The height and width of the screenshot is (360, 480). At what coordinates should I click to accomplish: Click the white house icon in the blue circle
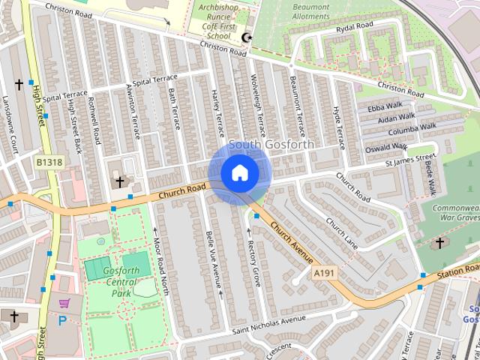pos(239,172)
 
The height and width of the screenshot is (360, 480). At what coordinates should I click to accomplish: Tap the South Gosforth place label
pos(271,144)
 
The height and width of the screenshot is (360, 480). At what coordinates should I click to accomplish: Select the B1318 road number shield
pos(49,161)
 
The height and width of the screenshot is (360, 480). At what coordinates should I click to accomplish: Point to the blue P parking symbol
pos(62,320)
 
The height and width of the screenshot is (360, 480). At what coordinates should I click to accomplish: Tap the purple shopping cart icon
pos(64,304)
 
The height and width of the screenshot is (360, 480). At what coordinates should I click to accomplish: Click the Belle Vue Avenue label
pos(213,261)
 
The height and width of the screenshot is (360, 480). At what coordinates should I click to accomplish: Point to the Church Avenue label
pos(292,241)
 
